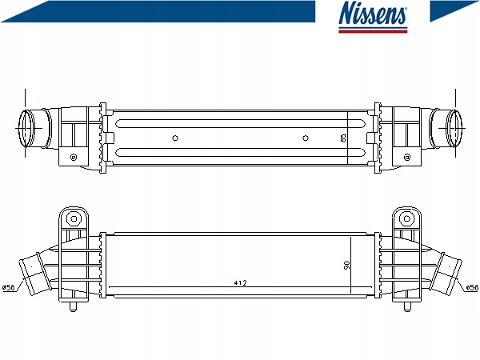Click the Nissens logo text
pyautogui.click(x=373, y=13)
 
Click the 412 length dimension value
pyautogui.click(x=240, y=283)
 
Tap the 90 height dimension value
pyautogui.click(x=347, y=265)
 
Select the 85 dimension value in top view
pyautogui.click(x=343, y=138)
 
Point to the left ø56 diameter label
pyautogui.click(x=9, y=287)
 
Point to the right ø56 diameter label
pyautogui.click(x=472, y=287)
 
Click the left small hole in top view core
pyautogui.click(x=175, y=138)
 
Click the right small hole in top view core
pyautogui.click(x=306, y=138)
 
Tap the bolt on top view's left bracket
pyautogui.click(x=74, y=158)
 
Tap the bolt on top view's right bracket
pyautogui.click(x=407, y=158)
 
